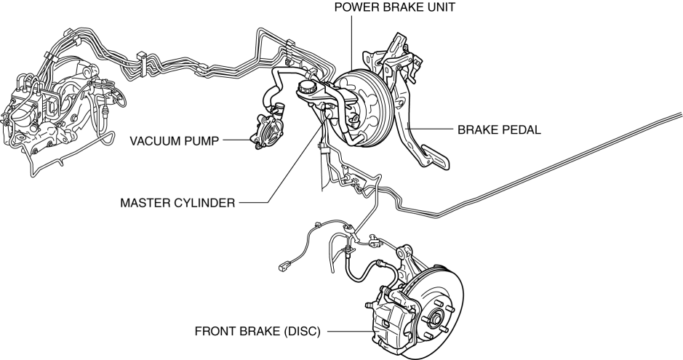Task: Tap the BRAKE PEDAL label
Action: click(499, 130)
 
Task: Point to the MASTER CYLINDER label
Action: click(177, 203)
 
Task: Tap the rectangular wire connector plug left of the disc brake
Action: click(284, 267)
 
